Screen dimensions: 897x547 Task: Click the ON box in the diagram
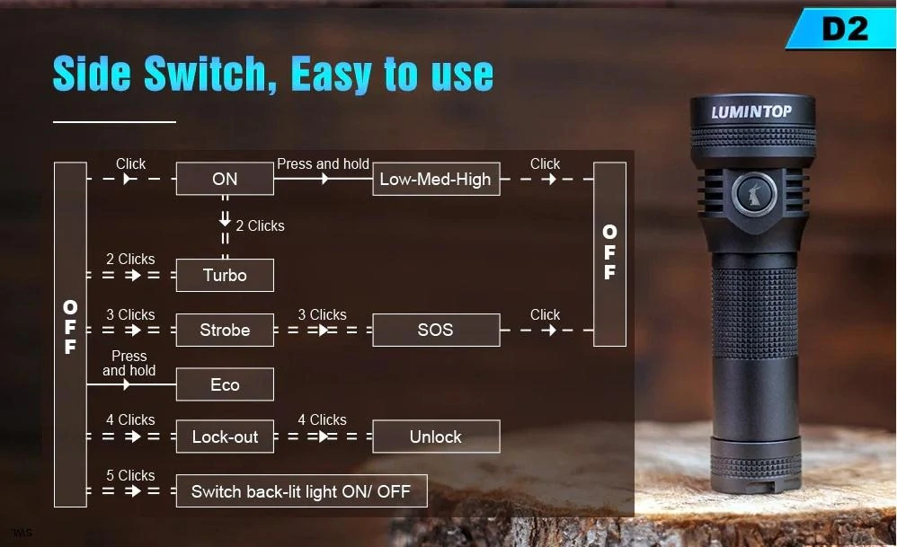(225, 179)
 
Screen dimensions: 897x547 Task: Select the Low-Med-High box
(436, 179)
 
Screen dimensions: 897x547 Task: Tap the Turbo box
(225, 275)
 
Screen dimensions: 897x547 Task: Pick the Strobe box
(225, 330)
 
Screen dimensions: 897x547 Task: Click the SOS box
(436, 330)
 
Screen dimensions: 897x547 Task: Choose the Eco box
(225, 384)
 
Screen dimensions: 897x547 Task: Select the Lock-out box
(225, 437)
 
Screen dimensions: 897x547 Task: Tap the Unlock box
(436, 437)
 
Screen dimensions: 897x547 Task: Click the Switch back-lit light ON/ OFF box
(301, 491)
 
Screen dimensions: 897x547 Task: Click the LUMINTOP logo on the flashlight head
(751, 111)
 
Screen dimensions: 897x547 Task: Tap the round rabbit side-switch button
(754, 194)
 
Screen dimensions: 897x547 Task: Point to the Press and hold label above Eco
(129, 363)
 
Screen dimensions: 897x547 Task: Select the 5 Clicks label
(130, 475)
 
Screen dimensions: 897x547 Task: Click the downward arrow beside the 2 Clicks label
(225, 218)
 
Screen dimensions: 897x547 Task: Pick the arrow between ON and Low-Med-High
(324, 179)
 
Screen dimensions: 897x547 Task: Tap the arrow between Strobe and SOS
(324, 330)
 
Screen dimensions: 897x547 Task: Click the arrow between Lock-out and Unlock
(324, 437)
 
